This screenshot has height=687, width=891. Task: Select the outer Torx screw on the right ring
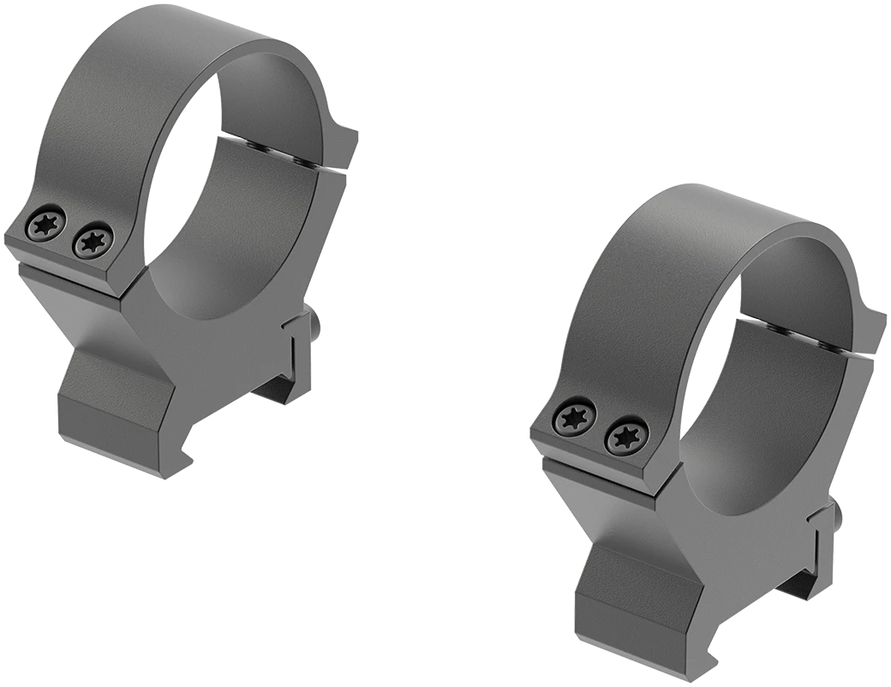tap(571, 419)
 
